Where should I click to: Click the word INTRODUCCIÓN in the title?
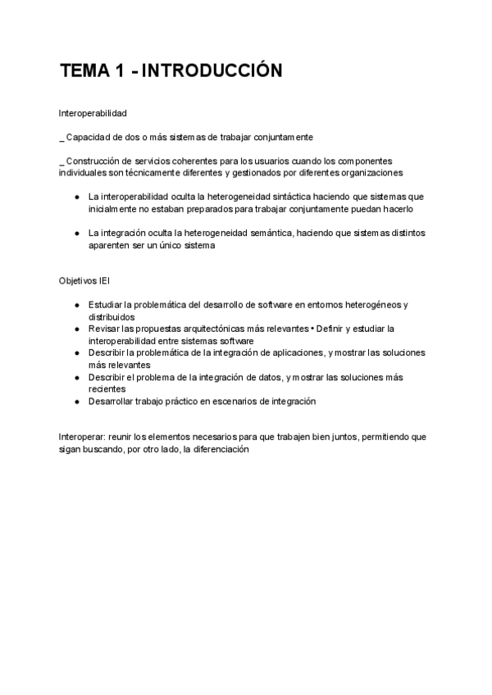tap(212, 71)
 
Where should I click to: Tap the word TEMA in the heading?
tap(84, 71)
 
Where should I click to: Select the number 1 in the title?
tap(120, 71)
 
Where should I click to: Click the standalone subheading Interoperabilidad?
tap(93, 112)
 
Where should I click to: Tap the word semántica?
tap(270, 234)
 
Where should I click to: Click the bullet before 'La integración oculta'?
tap(76, 234)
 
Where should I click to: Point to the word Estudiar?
tap(106, 305)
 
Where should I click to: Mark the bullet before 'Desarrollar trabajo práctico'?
tap(76, 402)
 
